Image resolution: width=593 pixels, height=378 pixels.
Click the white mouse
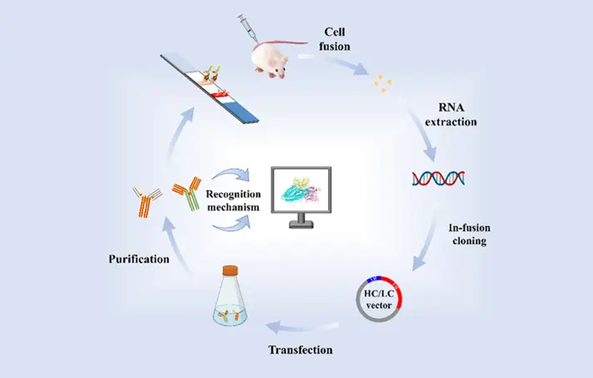click(276, 58)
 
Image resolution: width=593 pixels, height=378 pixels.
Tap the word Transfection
click(301, 350)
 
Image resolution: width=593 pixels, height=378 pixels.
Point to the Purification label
click(139, 260)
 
